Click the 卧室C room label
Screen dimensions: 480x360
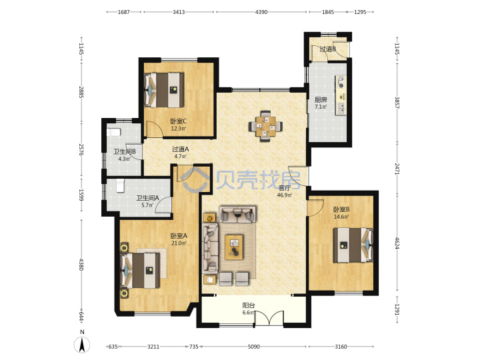click(179, 121)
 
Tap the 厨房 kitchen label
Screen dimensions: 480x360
click(321, 100)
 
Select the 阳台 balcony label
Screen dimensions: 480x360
click(248, 305)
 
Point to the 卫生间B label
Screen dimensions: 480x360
click(125, 151)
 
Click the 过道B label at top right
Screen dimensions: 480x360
click(328, 49)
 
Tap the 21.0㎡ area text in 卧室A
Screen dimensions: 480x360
click(179, 243)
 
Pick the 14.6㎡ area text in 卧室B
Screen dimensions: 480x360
click(341, 217)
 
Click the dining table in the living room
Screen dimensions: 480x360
click(265, 126)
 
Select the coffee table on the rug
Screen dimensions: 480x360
click(234, 247)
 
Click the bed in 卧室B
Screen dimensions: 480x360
click(353, 245)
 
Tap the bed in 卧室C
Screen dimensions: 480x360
click(164, 90)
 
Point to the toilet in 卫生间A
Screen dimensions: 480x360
click(120, 186)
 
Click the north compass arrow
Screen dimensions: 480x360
click(82, 345)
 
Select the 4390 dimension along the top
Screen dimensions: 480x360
click(261, 12)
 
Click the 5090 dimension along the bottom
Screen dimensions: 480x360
click(253, 347)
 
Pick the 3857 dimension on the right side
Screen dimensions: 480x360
click(397, 103)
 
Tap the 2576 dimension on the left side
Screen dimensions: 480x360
click(81, 149)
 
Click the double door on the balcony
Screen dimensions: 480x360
click(270, 319)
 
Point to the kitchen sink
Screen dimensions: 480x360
click(341, 108)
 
